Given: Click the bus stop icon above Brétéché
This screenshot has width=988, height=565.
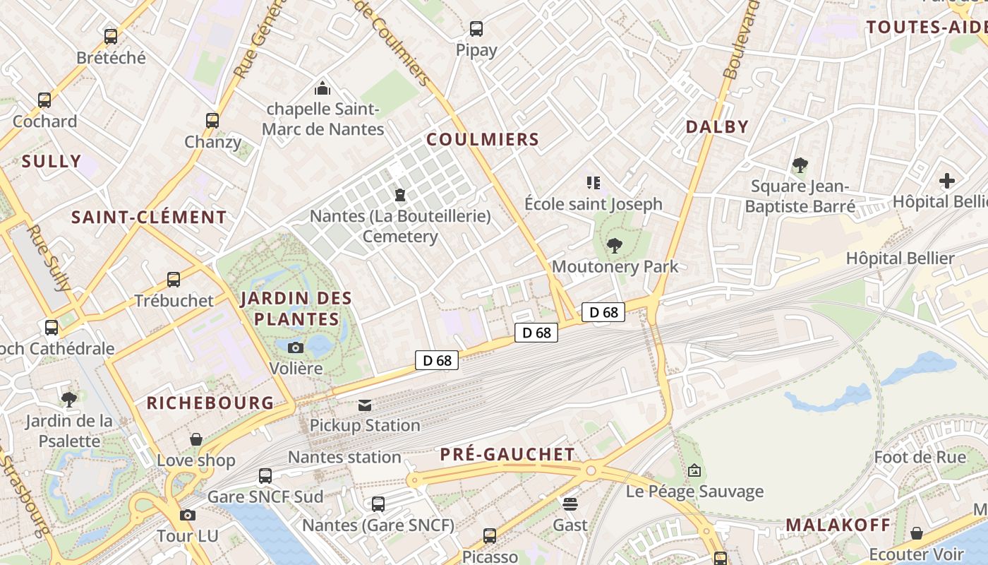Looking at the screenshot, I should (x=111, y=37).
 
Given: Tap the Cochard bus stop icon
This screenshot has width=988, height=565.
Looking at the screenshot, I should (x=44, y=100).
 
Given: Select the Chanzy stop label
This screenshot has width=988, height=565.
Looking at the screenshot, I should (x=212, y=142).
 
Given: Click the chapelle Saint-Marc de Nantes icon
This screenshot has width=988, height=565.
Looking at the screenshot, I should (x=323, y=88).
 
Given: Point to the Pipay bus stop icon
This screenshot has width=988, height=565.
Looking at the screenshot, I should (x=476, y=29).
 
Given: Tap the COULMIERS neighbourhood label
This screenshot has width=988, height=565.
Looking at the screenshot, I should (x=483, y=139).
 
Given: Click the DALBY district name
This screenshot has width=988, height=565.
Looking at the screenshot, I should (x=717, y=126).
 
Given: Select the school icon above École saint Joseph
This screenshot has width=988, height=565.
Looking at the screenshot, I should (x=594, y=184).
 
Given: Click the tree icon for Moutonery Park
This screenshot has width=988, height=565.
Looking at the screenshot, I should (x=615, y=246).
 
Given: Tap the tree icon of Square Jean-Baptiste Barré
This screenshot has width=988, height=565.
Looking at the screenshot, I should (x=800, y=166).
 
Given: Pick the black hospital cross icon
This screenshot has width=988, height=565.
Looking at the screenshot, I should (x=947, y=181).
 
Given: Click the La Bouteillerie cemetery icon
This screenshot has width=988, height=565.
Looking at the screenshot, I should (x=400, y=194).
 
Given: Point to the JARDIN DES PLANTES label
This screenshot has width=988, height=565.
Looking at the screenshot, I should (x=296, y=309).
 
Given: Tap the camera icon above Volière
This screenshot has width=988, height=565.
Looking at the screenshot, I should (x=296, y=347).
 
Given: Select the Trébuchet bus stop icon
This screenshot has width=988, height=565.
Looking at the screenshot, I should (x=174, y=280).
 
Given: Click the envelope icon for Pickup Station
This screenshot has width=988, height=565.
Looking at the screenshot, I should (x=365, y=405).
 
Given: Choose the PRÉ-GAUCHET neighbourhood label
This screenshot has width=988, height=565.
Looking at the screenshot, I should (x=507, y=454).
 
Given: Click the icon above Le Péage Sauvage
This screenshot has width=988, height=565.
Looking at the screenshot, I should (x=694, y=470).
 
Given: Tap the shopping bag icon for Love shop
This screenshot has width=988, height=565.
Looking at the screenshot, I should (x=196, y=440).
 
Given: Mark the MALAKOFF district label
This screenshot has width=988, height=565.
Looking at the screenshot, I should (x=838, y=525).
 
